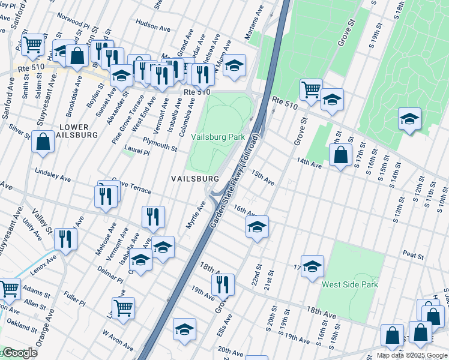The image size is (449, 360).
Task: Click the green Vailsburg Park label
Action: tap(218, 137)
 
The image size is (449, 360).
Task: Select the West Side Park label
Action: tap(350, 284)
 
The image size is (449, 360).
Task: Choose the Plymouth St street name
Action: tap(160, 144)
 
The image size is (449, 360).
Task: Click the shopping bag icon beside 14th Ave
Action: tap(340, 154)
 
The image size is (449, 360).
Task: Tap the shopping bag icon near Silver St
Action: tap(44, 143)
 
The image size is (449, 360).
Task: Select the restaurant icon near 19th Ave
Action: tap(223, 284)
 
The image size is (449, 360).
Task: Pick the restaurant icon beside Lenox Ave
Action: tap(65, 238)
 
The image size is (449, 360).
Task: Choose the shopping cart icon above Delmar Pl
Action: tap(123, 308)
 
